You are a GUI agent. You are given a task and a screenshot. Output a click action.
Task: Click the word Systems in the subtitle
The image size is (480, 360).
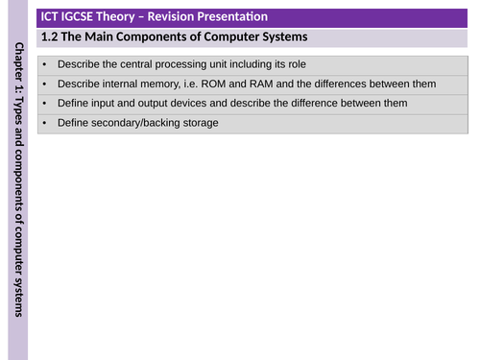(x=280, y=37)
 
